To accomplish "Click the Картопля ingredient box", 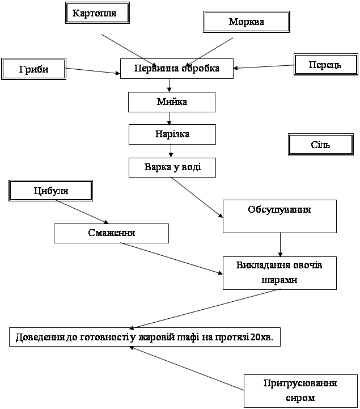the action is click(98, 13).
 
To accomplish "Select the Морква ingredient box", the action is click(247, 22).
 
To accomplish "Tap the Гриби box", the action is click(33, 69).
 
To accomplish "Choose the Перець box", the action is click(326, 65).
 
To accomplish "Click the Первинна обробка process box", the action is click(177, 68).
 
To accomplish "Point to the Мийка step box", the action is click(172, 102).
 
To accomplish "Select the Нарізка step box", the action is click(172, 134).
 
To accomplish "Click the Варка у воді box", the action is click(172, 167).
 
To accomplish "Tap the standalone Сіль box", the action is click(321, 144).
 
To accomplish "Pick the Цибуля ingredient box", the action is click(51, 191).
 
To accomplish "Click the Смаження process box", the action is click(111, 233).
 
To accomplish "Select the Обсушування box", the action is click(279, 216).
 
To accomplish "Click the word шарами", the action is click(279, 280).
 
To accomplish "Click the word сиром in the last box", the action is click(300, 398).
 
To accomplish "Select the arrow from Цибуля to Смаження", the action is click(82, 212).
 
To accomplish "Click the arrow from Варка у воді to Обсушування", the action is click(197, 197).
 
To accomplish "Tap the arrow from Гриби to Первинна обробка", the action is click(93, 71).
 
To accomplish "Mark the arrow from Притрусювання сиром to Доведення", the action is click(187, 368).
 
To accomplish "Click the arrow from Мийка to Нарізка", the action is click(169, 119).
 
